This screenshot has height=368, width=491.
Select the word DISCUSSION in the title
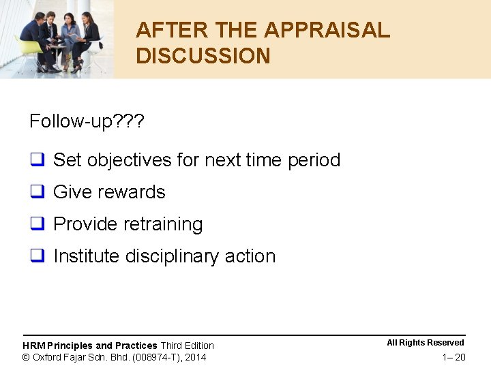(x=203, y=56)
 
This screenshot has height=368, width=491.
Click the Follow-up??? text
(x=87, y=121)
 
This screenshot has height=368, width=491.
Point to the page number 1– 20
(x=453, y=358)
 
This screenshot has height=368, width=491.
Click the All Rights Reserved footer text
(x=425, y=343)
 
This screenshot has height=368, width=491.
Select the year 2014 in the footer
(x=195, y=357)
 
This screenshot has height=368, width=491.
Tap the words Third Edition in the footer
(x=187, y=346)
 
